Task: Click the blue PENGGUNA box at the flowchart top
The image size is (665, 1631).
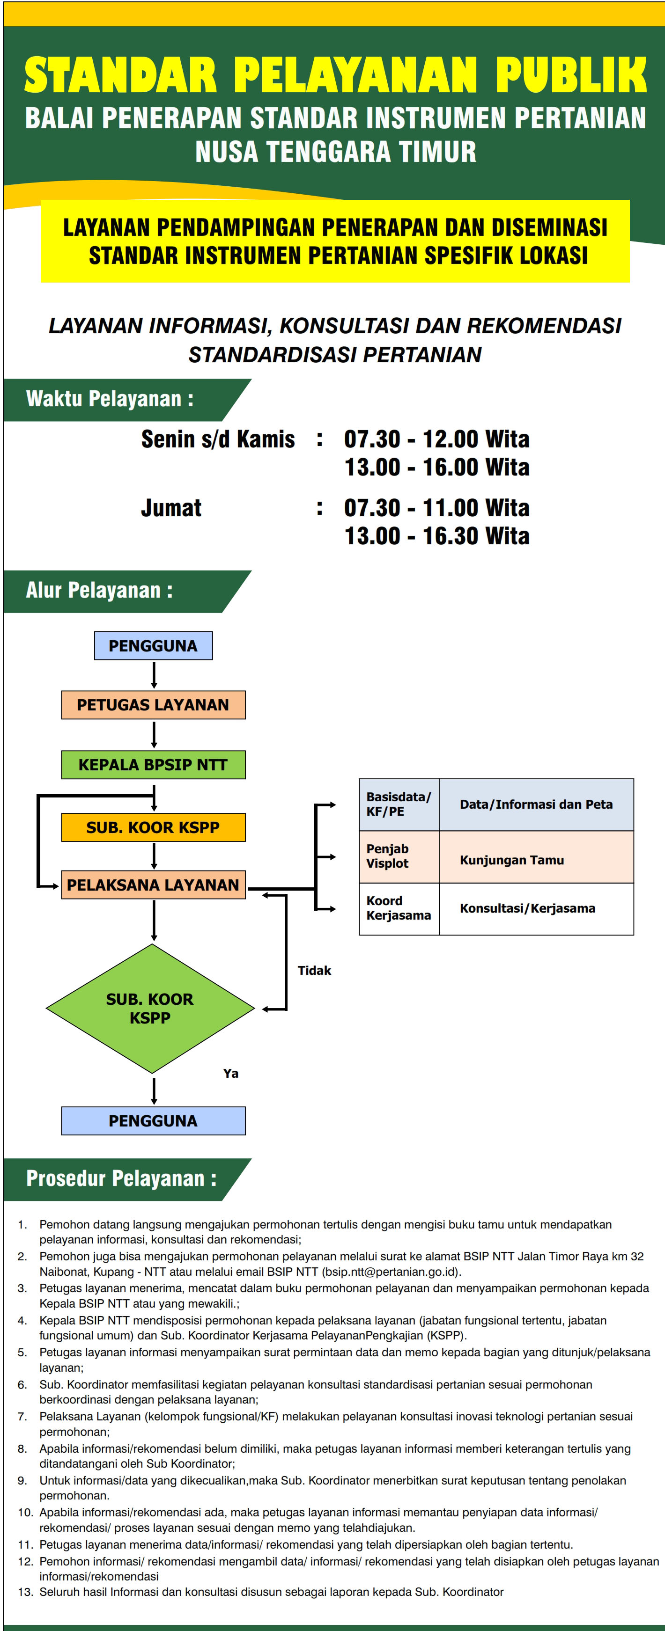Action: pos(153,646)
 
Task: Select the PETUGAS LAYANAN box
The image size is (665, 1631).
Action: pos(153,705)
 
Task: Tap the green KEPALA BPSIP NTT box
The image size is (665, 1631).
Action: pos(153,765)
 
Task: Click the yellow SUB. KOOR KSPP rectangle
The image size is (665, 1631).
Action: pos(153,827)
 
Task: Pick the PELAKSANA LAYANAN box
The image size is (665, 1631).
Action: pos(153,885)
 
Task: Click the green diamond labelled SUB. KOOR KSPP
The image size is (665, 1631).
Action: pos(150,1009)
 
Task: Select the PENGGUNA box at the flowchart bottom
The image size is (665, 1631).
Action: pos(153,1121)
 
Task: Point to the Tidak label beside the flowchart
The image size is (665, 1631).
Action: pos(314,971)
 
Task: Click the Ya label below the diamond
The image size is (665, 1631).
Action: pos(230,1073)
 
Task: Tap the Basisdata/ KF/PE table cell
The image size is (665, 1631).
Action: pos(399,804)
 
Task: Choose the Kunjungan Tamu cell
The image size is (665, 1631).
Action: pos(512,860)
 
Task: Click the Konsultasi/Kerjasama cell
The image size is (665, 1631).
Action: pos(528,908)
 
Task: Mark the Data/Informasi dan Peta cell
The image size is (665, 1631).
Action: pos(536,804)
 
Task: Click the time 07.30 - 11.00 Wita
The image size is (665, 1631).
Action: pos(436,508)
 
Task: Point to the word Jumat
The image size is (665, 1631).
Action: pos(171,508)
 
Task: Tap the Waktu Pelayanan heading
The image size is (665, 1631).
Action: pos(110,399)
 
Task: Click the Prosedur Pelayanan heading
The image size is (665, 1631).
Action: pos(121,1179)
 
